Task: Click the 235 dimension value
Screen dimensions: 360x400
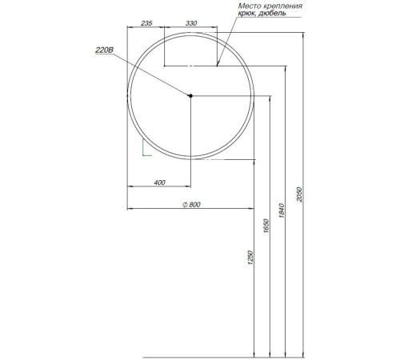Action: point(146,24)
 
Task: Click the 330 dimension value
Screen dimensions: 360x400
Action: point(190,24)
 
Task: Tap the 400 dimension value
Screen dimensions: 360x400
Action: point(158,183)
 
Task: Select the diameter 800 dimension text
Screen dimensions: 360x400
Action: point(191,205)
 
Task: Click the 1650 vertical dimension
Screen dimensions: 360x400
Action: point(266,226)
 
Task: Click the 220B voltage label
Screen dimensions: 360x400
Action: point(104,50)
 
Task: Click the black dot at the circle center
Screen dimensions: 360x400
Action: point(191,96)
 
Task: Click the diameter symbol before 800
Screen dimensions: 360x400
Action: point(184,205)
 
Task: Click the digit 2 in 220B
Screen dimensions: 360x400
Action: point(98,50)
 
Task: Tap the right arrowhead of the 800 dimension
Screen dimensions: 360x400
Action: point(253,210)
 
